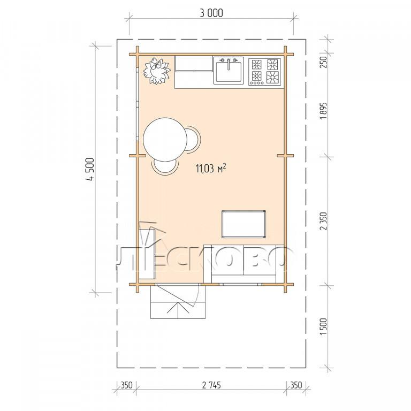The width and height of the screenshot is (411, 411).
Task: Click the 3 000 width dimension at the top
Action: point(211,13)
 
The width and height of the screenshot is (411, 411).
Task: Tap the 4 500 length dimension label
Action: point(90,170)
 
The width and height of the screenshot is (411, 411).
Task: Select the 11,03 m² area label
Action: point(211,169)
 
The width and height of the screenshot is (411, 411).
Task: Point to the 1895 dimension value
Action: point(324,110)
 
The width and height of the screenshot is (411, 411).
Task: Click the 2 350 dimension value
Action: point(324,221)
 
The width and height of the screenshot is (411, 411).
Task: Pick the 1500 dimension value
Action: point(324,326)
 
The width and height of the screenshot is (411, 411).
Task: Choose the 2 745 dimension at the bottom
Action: point(211,385)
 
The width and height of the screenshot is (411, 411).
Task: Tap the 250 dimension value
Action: point(324,62)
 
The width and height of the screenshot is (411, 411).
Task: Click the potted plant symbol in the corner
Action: point(156,71)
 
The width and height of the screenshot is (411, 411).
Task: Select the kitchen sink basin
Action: point(229,71)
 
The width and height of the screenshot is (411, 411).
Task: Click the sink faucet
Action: point(229,64)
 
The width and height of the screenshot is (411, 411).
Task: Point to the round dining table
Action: point(165,140)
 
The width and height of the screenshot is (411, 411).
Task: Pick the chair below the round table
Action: point(165,167)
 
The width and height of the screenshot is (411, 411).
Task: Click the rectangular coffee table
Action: point(244,224)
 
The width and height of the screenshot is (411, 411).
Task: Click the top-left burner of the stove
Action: point(257,64)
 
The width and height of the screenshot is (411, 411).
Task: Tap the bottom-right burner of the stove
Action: point(272,77)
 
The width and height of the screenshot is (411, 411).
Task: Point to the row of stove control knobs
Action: point(257,83)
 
